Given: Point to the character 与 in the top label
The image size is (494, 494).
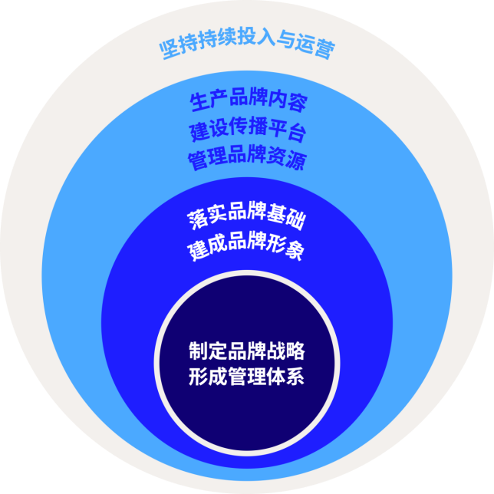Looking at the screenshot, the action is click(x=285, y=40).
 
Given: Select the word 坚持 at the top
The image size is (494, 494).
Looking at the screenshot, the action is click(x=179, y=48).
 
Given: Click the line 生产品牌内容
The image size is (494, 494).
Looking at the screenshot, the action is click(x=249, y=100).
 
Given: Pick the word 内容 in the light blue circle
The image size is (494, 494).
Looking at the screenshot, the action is click(x=288, y=100).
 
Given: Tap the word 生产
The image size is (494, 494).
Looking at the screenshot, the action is click(x=209, y=100).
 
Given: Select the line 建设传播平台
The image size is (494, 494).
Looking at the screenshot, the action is click(x=248, y=129).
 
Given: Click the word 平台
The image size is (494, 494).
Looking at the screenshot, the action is click(x=288, y=130).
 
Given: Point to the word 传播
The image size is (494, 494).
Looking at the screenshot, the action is click(x=248, y=127).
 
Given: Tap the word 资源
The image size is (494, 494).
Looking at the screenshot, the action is click(x=287, y=158).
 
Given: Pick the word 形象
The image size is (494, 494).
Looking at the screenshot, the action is click(x=285, y=248).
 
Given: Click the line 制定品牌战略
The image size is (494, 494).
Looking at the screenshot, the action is click(x=247, y=351).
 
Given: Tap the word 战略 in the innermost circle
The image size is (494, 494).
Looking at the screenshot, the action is click(x=286, y=351).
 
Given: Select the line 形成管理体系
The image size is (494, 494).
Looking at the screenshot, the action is click(x=246, y=376).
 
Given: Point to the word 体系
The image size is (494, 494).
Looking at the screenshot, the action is click(x=285, y=376).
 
